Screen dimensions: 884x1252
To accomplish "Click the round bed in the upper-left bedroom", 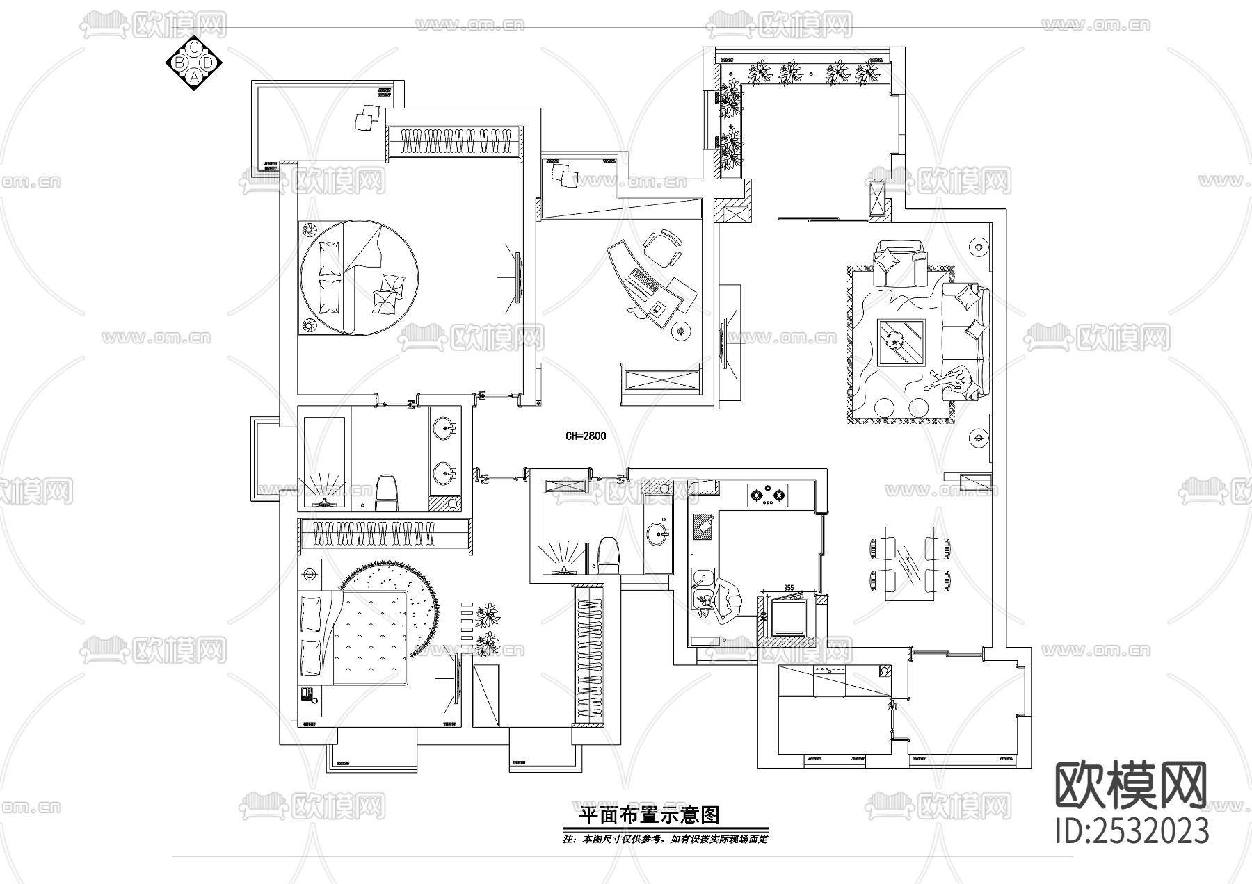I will coord(358,277).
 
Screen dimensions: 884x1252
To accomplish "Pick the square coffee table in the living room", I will coord(901,342).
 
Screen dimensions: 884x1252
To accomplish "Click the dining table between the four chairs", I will coord(908,562).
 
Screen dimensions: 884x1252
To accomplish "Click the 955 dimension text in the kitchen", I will coord(789,588).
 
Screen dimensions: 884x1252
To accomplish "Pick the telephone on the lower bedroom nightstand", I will coord(308,694).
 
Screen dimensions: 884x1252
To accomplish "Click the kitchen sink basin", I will coord(703,577).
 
